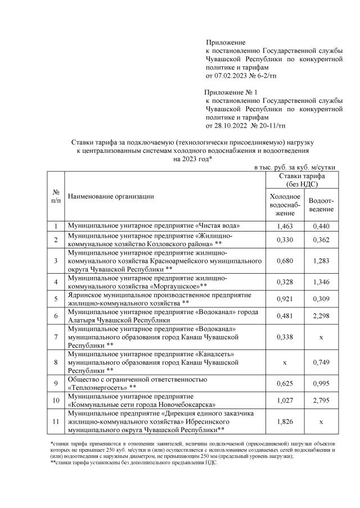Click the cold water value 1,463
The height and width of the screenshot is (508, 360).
[285, 226]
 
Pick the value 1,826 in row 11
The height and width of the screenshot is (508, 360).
[285, 421]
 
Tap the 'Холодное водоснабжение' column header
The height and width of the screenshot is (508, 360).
[285, 205]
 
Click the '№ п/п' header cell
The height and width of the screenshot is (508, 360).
[56, 197]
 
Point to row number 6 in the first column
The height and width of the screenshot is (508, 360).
[56, 316]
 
